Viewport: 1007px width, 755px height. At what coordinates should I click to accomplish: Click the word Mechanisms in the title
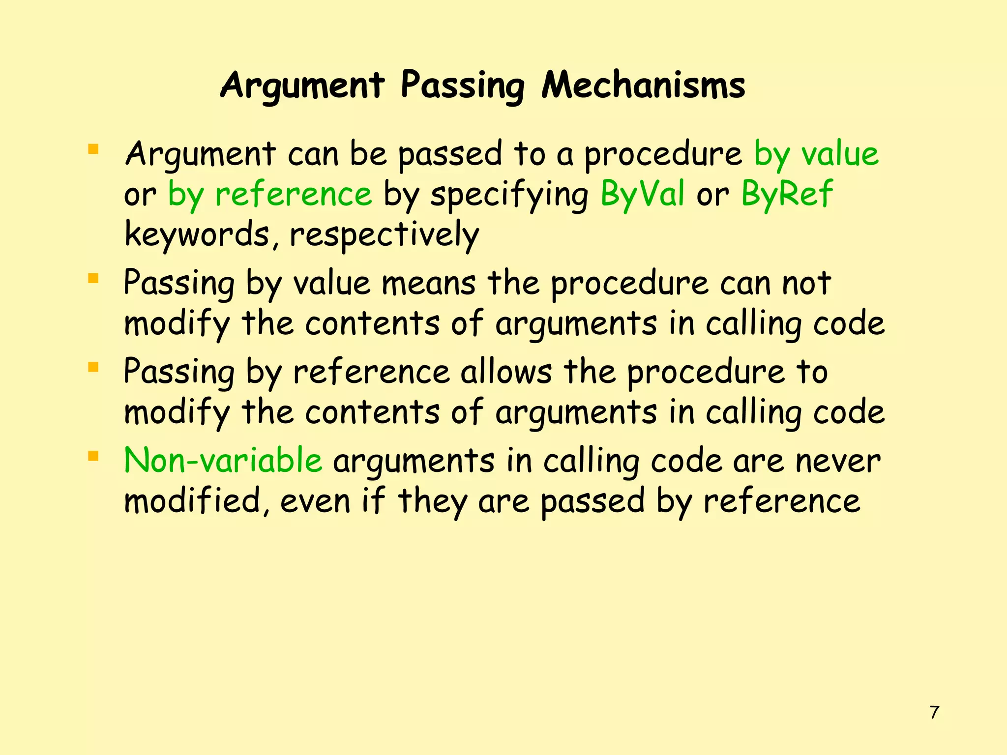pos(643,86)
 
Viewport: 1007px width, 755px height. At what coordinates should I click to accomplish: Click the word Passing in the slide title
pos(462,87)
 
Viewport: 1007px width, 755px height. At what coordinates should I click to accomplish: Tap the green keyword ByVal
pos(642,194)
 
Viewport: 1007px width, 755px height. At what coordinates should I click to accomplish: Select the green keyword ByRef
pos(787,194)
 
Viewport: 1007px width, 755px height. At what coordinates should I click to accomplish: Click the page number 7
pos(935,712)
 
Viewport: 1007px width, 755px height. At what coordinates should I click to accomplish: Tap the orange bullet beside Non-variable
pos(93,456)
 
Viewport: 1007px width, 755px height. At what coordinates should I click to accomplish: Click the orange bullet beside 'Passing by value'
pos(93,279)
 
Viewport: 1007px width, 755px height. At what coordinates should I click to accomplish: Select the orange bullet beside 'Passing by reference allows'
pos(93,367)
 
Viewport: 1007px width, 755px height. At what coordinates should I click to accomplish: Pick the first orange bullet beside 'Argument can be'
pos(93,149)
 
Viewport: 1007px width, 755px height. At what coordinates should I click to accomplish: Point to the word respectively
pos(384,235)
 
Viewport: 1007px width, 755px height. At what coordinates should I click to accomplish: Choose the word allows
pos(506,372)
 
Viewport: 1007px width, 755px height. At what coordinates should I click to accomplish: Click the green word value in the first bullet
pos(840,154)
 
